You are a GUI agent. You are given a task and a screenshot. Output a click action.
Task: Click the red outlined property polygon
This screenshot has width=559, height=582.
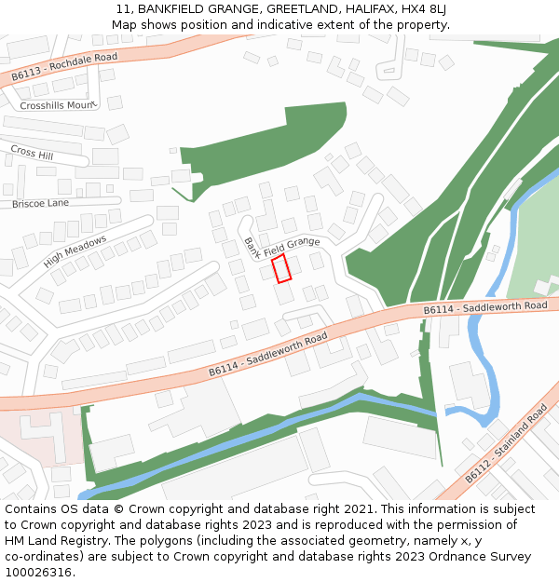tap(281, 268)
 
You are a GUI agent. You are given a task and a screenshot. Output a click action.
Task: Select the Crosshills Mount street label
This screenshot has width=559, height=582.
tap(58, 105)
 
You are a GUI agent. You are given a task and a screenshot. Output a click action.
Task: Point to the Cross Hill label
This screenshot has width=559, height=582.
tap(33, 152)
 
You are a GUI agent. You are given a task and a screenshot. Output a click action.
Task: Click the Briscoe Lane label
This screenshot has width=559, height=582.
tap(40, 203)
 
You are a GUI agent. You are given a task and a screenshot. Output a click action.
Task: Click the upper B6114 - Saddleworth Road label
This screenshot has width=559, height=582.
tap(485, 307)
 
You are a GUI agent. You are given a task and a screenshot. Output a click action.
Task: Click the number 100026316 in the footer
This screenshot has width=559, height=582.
tap(40, 573)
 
